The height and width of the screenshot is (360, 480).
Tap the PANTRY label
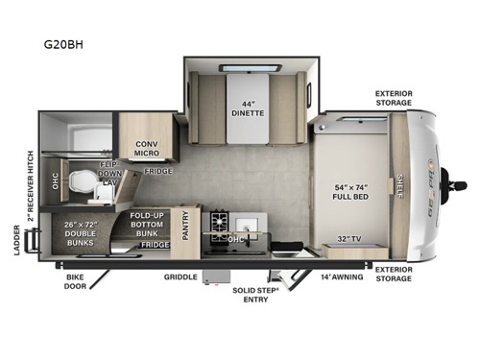coord(187,228)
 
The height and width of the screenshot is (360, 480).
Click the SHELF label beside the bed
coord(399,185)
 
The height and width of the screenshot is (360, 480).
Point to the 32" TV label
coord(348,238)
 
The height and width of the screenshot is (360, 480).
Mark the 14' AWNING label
coord(340,276)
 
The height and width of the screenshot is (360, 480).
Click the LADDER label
coord(17,243)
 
